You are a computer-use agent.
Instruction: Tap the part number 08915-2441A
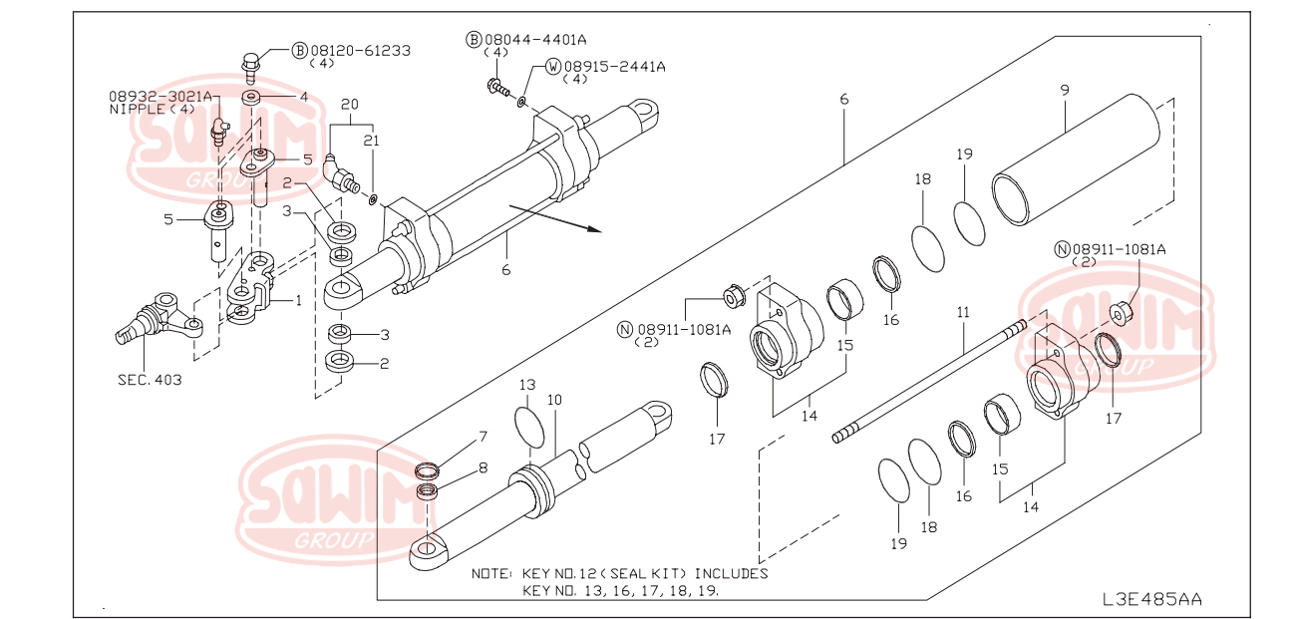tap(613, 67)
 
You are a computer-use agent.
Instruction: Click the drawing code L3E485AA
tap(1151, 599)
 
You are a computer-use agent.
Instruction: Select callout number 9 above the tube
tap(1064, 91)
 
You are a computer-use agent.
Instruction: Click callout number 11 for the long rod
tap(962, 312)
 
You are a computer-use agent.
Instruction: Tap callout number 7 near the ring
tap(483, 437)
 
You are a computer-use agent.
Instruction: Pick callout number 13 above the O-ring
tap(527, 385)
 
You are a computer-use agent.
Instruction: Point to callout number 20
tap(348, 105)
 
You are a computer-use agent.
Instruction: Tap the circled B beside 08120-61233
tap(299, 50)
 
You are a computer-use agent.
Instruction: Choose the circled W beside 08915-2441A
tap(552, 67)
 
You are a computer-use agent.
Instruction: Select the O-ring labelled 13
tap(531, 427)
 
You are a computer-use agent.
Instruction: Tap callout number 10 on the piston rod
tap(554, 400)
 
